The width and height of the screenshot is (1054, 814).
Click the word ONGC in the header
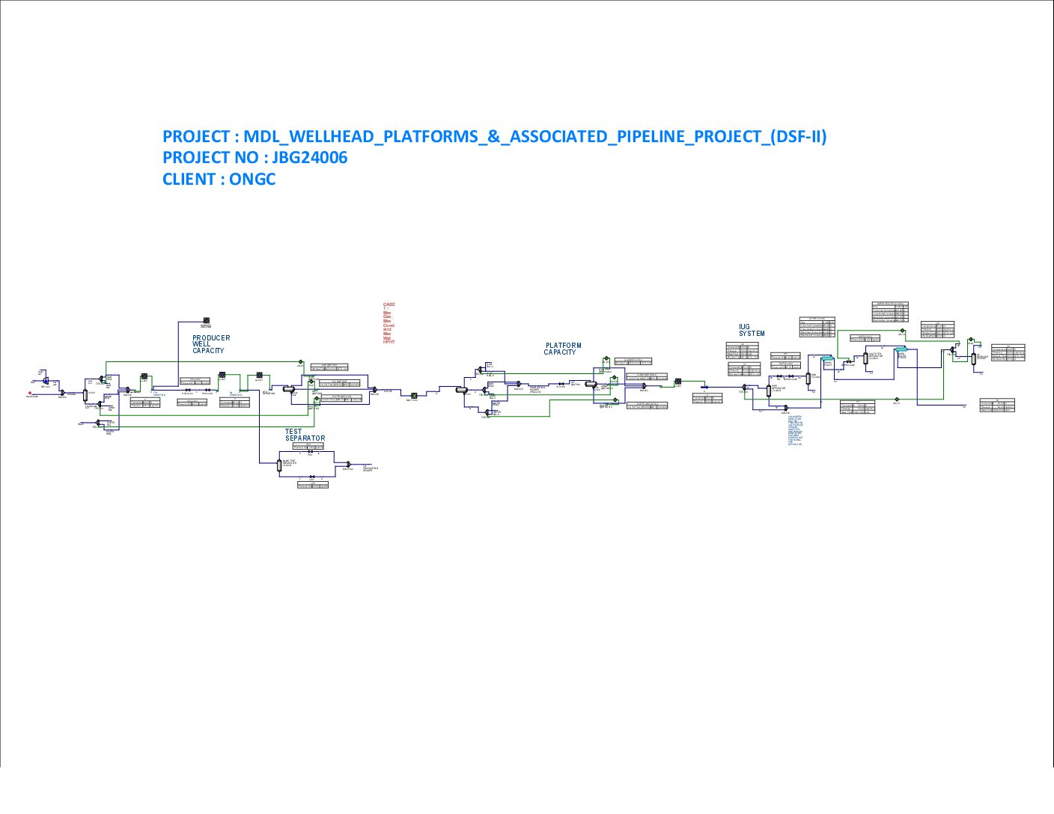[x=252, y=180]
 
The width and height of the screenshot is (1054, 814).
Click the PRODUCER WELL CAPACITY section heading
[x=210, y=344]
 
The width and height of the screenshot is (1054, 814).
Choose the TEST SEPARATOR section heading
[x=305, y=435]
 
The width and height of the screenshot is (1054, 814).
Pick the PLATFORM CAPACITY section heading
[x=563, y=349]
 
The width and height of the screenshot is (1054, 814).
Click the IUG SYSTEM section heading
[x=752, y=330]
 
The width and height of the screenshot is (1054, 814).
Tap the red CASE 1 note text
[x=389, y=323]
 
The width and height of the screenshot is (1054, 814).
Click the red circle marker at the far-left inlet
[x=30, y=392]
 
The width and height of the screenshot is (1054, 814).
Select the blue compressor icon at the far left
[x=46, y=382]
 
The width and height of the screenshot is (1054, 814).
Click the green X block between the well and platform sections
[x=413, y=396]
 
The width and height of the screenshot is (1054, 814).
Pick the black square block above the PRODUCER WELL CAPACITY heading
[x=206, y=321]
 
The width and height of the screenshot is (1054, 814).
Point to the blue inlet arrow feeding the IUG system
[x=704, y=388]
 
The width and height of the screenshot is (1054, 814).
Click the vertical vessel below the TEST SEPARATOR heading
[x=278, y=465]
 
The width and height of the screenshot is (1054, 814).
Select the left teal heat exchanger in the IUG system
[x=827, y=359]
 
